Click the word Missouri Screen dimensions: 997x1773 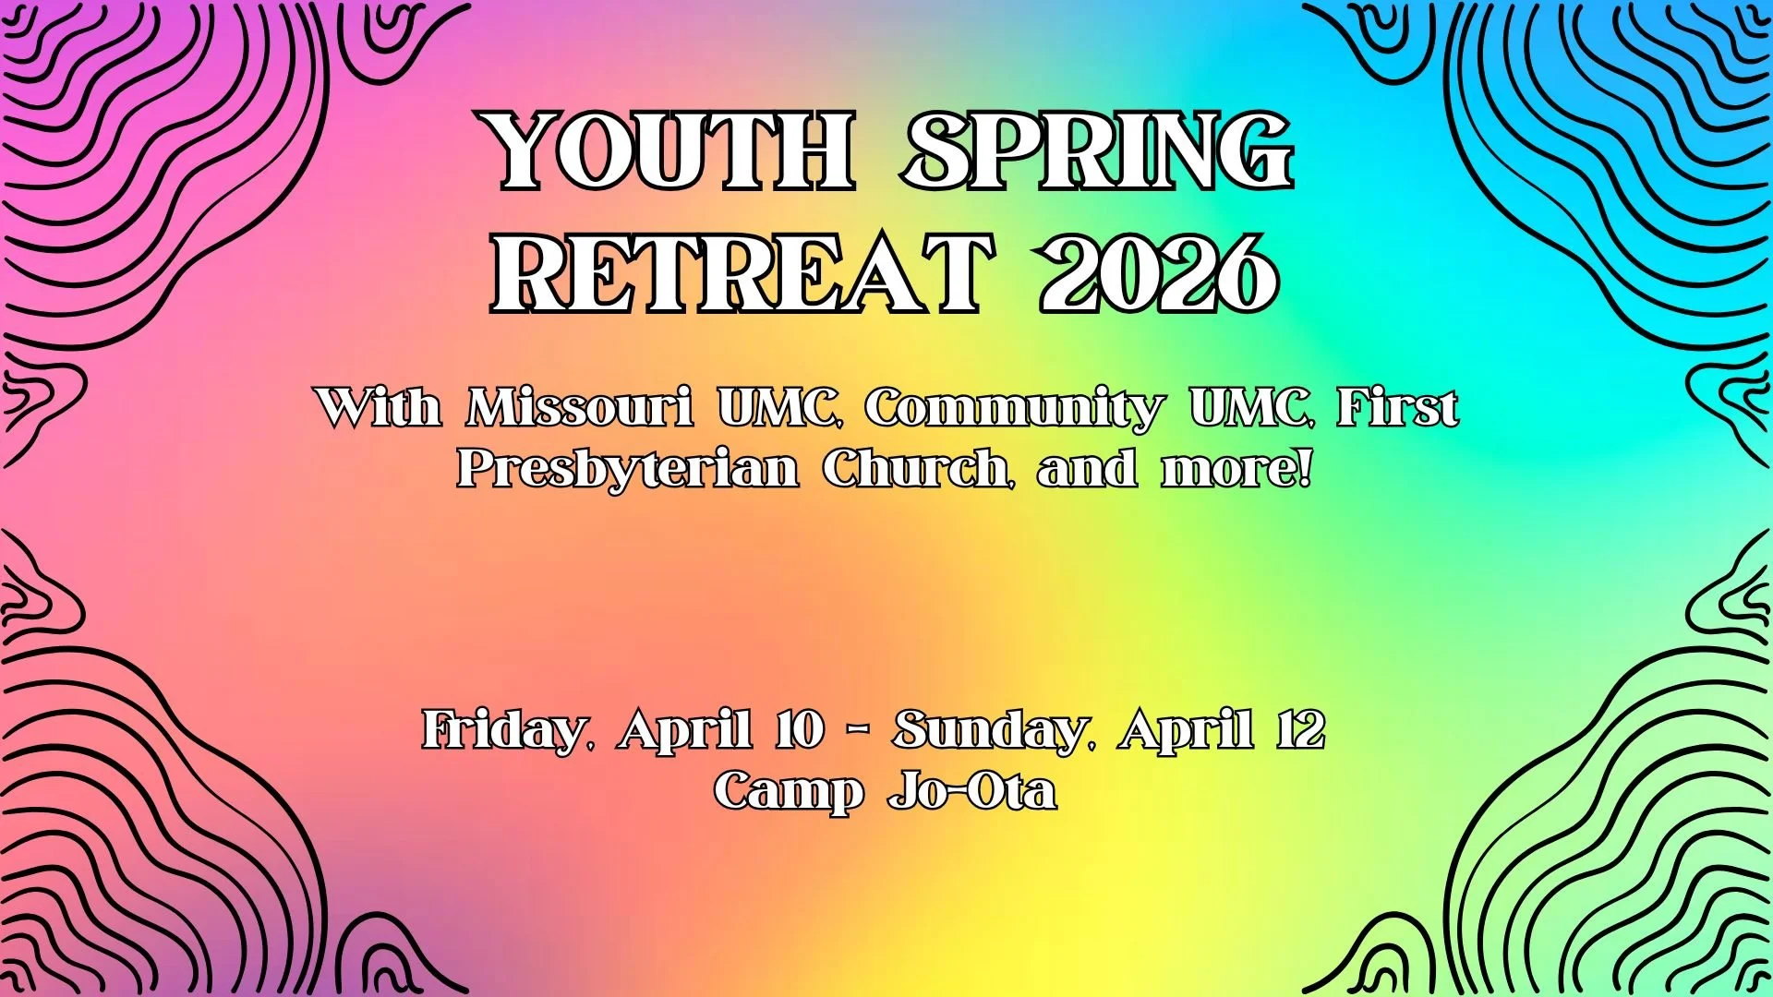tap(580, 407)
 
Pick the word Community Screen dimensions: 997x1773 tap(1013, 409)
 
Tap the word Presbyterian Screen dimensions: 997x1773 tap(629, 468)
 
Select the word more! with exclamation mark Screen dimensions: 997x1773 tap(1236, 470)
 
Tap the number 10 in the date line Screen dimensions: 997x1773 tap(799, 730)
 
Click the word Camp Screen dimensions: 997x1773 tap(789, 792)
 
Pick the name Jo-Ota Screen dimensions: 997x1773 tap(972, 791)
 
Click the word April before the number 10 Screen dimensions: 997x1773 tap(684, 732)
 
